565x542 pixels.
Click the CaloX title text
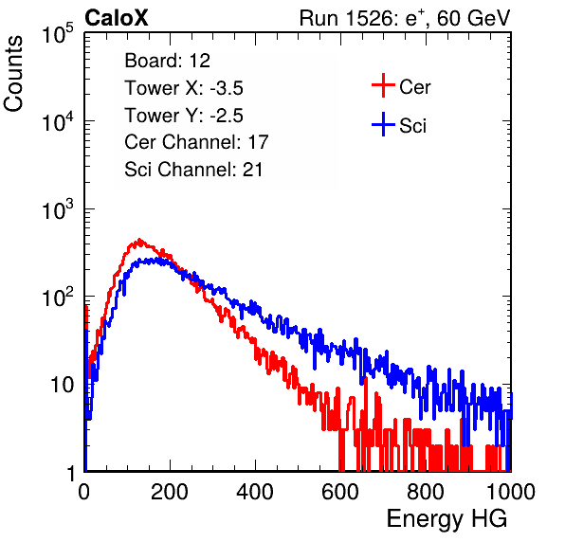click(116, 18)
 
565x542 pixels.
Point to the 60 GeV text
click(473, 18)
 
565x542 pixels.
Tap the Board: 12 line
click(167, 61)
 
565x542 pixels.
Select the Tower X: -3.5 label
click(184, 88)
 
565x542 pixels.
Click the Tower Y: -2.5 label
click(184, 116)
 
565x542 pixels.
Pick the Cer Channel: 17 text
click(196, 142)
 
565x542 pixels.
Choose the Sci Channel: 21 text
click(193, 170)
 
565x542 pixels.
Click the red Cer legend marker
click(383, 85)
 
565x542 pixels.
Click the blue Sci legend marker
click(383, 125)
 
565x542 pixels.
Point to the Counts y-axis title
click(13, 74)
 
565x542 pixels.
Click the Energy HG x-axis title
click(447, 519)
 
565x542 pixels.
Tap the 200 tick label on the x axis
click(170, 492)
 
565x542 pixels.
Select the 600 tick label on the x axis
click(340, 492)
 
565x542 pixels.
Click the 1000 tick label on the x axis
click(511, 492)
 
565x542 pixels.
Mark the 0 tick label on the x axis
click(84, 492)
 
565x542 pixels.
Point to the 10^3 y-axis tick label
click(58, 209)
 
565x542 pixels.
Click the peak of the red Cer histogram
click(139, 240)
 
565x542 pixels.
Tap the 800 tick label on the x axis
click(426, 492)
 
